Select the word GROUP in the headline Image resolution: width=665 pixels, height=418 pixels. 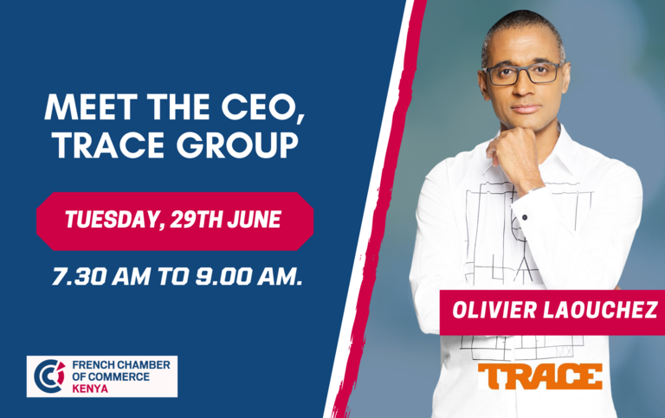pyautogui.click(x=237, y=145)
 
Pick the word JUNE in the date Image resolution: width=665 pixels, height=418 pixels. pyautogui.click(x=255, y=220)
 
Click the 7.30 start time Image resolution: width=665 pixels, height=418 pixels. pyautogui.click(x=79, y=276)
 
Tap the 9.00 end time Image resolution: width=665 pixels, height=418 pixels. pyautogui.click(x=223, y=276)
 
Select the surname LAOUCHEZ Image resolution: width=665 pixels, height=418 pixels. pyautogui.click(x=601, y=310)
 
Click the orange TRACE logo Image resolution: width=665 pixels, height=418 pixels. pyautogui.click(x=540, y=376)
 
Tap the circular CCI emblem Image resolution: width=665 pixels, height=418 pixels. pyautogui.click(x=49, y=376)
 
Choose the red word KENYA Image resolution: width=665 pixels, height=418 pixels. pyautogui.click(x=90, y=389)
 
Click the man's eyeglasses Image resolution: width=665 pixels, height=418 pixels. pyautogui.click(x=522, y=74)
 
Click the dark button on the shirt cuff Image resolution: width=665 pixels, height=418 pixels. pyautogui.click(x=525, y=217)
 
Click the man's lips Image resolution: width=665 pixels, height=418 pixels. pyautogui.click(x=526, y=108)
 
